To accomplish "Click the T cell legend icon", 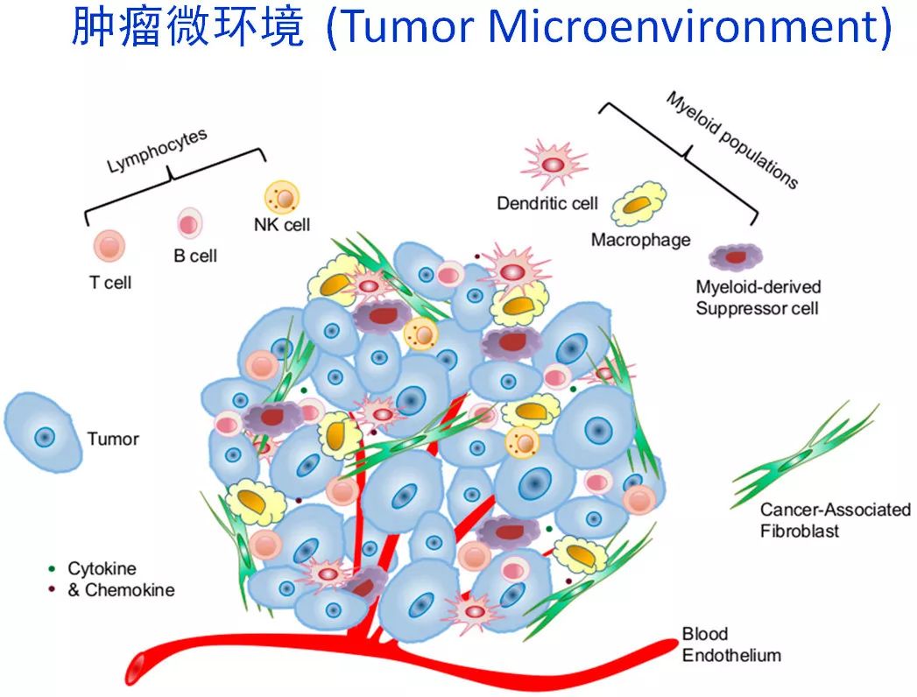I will click(x=109, y=245).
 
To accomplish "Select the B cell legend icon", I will click(x=189, y=223).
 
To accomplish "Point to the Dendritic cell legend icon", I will click(x=554, y=163).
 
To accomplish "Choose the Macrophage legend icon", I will click(x=638, y=205).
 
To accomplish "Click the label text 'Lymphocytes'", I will click(x=157, y=150).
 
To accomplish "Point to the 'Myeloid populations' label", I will click(x=731, y=140).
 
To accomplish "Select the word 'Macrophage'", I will click(x=640, y=240).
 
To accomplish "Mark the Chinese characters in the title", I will click(x=187, y=28).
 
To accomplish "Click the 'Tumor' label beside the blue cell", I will click(x=113, y=438).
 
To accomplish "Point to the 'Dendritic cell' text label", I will click(x=547, y=203).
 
